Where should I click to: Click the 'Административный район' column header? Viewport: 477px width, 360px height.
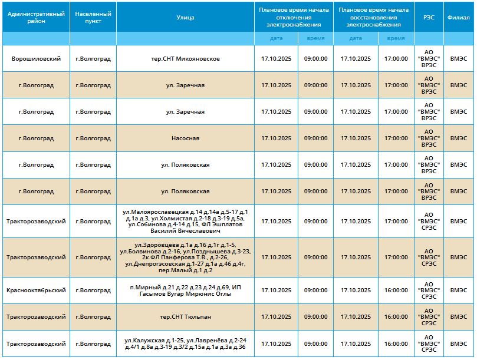point(36,17)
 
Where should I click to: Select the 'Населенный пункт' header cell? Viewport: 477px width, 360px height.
point(93,17)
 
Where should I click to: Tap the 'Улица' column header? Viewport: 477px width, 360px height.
point(185,17)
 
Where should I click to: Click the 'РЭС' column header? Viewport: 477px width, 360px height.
point(429,17)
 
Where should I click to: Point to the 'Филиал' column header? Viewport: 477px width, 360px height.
point(458,17)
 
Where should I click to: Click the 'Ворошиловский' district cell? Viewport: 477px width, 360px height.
point(36,59)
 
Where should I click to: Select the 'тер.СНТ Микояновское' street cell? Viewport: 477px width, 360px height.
point(185,59)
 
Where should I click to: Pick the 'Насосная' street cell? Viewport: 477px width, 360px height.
point(185,138)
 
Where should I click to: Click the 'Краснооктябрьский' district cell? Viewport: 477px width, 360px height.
point(36,290)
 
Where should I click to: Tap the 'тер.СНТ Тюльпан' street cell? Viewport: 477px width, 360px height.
point(185,317)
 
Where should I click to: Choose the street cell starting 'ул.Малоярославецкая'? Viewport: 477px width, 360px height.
point(185,221)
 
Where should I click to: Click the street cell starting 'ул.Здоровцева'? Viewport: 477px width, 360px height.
point(185,257)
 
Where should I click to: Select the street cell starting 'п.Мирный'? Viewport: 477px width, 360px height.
point(185,290)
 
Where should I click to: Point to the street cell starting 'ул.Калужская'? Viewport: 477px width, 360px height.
point(185,344)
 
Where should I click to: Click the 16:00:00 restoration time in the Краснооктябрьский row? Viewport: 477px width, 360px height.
point(396,290)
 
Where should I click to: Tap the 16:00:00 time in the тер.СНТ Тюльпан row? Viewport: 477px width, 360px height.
point(396,317)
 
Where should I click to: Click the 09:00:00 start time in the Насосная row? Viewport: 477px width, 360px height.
point(315,138)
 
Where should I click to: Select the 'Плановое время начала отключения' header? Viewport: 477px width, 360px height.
point(294,17)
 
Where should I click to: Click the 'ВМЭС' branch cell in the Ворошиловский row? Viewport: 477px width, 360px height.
point(458,59)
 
